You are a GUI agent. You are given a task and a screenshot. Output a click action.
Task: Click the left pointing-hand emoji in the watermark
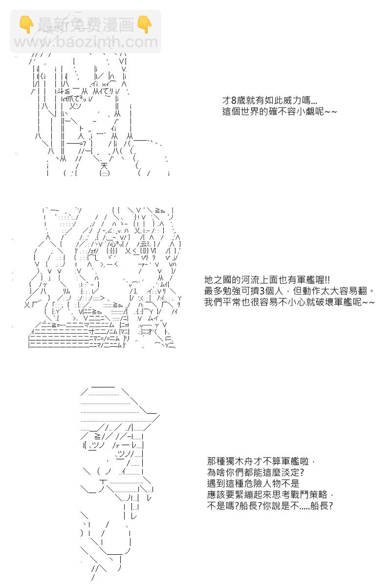pos(26,24)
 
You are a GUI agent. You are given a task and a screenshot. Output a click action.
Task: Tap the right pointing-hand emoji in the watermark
pos(145,24)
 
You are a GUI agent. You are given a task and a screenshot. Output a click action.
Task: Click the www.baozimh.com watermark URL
pos(86,42)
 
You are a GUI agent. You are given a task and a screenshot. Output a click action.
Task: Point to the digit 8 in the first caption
pos(234,100)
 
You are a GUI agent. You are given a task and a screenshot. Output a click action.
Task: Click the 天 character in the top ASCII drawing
pos(104,166)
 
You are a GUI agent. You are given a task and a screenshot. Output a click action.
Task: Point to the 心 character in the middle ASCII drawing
pos(112,245)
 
